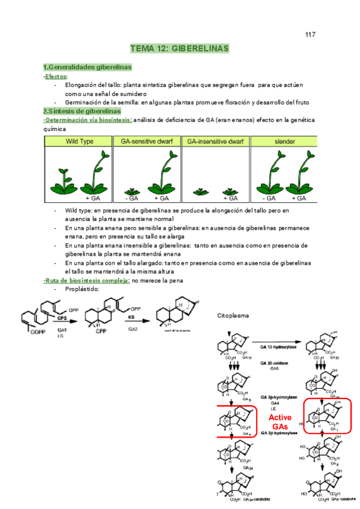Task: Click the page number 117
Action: click(x=310, y=34)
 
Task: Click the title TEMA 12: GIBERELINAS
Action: click(x=179, y=49)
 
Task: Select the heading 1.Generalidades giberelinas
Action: click(x=88, y=67)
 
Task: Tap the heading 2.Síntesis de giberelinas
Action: click(x=82, y=111)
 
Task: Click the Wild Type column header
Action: click(x=78, y=141)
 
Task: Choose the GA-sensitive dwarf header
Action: click(x=146, y=141)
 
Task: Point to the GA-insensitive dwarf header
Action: click(x=215, y=141)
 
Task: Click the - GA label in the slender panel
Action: click(x=268, y=198)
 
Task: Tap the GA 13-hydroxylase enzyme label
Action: click(x=278, y=347)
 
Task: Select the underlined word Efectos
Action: click(x=56, y=76)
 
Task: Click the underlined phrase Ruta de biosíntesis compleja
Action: click(x=87, y=280)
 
